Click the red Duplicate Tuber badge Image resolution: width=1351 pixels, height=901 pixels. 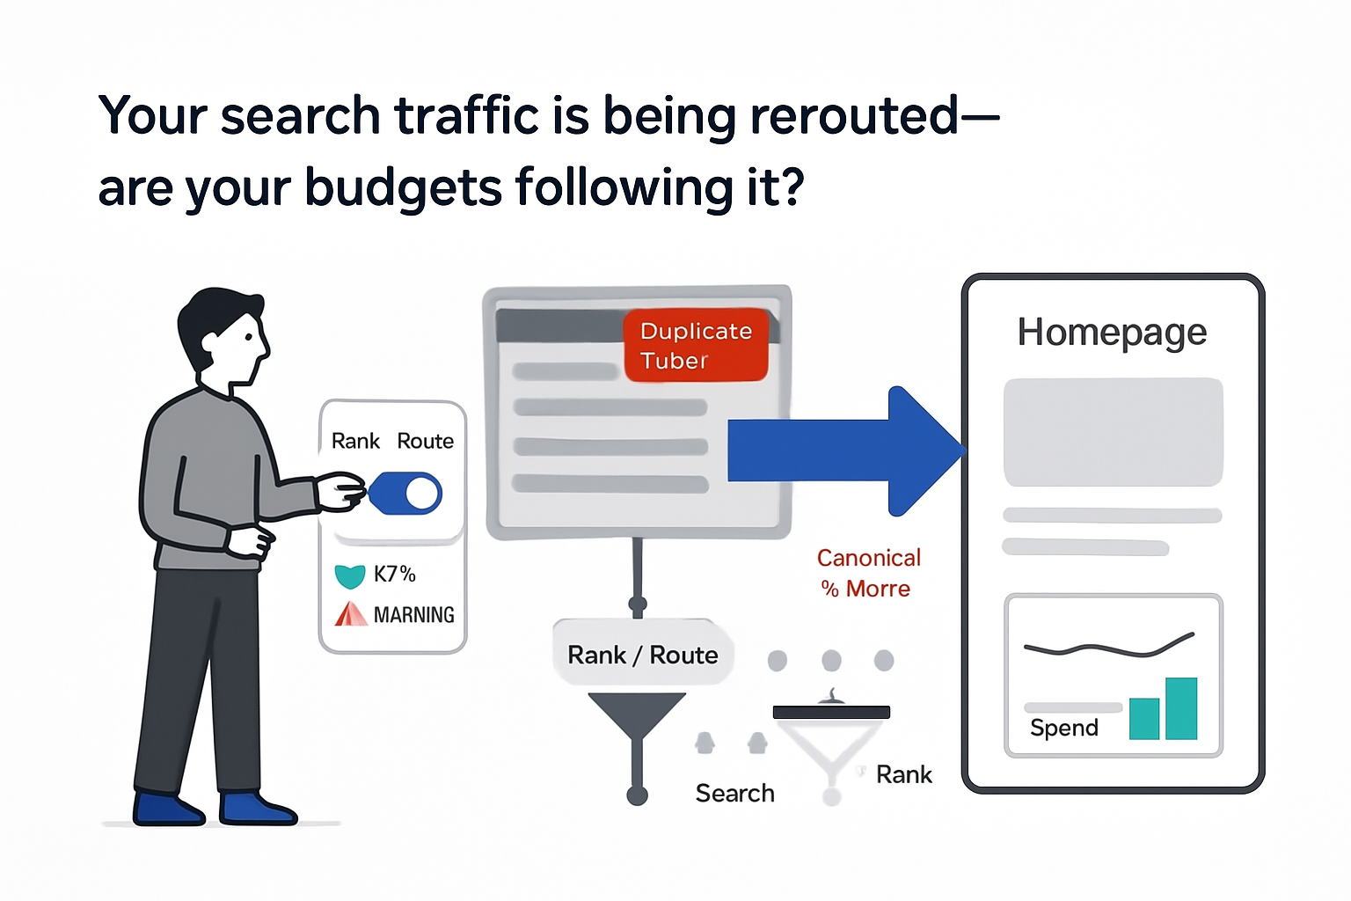click(x=696, y=345)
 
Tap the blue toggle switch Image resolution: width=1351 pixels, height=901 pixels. click(x=405, y=494)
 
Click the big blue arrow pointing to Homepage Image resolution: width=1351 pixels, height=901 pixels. click(x=844, y=450)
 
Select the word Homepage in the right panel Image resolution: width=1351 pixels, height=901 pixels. click(x=1112, y=333)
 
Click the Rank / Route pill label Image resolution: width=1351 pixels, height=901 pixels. click(x=643, y=655)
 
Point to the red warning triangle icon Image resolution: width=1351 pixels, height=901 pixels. click(x=350, y=614)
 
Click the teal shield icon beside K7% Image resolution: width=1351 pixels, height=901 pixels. click(x=350, y=576)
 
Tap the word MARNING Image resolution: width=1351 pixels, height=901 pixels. click(x=413, y=615)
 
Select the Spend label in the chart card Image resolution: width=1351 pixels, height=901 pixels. click(x=1064, y=728)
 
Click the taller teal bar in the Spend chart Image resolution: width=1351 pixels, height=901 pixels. click(x=1181, y=708)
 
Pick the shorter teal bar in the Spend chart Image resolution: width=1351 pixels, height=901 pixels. click(x=1143, y=719)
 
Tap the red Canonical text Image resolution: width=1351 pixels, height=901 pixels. click(x=868, y=558)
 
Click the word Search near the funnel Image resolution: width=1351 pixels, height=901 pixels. click(x=734, y=794)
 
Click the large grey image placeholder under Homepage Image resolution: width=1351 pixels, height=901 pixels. click(x=1113, y=432)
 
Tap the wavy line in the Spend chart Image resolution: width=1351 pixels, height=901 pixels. click(x=1108, y=648)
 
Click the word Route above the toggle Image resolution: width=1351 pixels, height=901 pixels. click(x=425, y=441)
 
